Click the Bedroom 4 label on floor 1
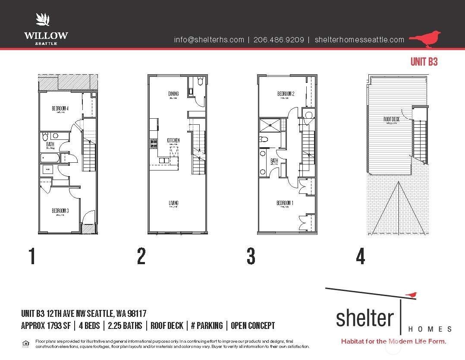click(60, 108)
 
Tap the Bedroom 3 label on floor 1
click(60, 211)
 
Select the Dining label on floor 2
click(173, 94)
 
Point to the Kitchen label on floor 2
click(173, 140)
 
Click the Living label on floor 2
click(173, 203)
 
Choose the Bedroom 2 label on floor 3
click(286, 94)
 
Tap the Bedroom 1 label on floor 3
click(285, 203)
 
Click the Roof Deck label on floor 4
click(391, 119)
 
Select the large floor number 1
click(31, 256)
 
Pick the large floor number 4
click(361, 256)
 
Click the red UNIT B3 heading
click(424, 62)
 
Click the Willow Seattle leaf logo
click(43, 20)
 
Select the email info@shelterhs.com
click(209, 40)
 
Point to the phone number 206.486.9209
click(279, 40)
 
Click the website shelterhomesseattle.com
click(360, 40)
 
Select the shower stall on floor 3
click(270, 126)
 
